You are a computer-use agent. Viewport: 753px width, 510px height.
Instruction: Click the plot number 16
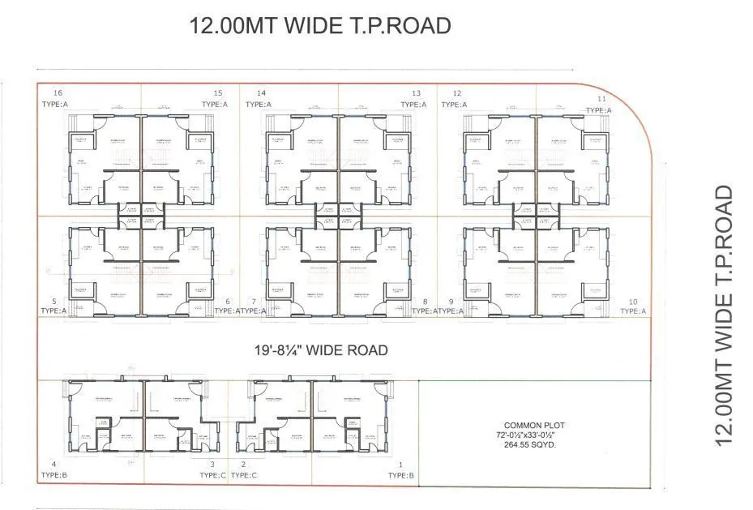coord(58,92)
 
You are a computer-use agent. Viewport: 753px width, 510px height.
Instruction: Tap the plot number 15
coord(218,92)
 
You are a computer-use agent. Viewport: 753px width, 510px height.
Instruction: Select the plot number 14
coord(261,92)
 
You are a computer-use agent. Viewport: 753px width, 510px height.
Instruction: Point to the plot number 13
coord(416,93)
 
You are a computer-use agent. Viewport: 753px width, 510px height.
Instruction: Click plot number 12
coord(457,93)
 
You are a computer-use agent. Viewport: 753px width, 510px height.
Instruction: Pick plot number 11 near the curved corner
coord(601,98)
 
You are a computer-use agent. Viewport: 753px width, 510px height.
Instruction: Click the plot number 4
coord(53,465)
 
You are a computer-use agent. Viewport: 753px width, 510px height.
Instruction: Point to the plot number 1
coord(401,465)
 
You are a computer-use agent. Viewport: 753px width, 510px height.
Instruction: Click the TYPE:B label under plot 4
coord(53,475)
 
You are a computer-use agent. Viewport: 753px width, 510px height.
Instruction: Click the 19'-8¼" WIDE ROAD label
coord(319,350)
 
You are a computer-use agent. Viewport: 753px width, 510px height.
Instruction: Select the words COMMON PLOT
coord(533,425)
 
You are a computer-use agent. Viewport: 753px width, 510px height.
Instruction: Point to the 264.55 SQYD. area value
coord(533,444)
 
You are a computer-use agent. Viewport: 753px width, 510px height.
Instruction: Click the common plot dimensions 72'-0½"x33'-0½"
coord(533,435)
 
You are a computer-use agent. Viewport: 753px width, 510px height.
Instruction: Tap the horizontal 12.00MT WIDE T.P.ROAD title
coord(319,26)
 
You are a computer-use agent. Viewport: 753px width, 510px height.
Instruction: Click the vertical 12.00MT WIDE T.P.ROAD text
coord(723,316)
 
